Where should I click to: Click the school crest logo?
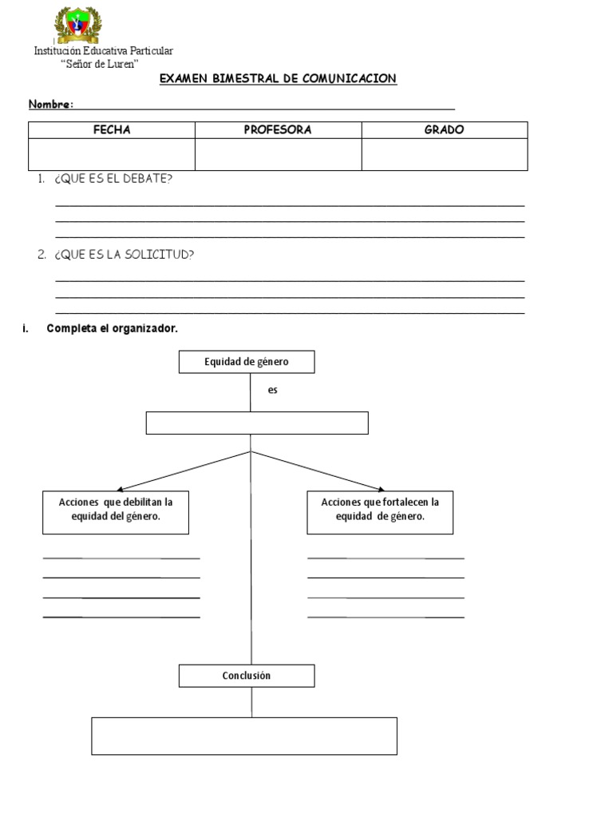pyautogui.click(x=77, y=25)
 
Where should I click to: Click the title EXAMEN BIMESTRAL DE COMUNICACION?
pyautogui.click(x=278, y=78)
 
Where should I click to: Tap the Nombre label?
pyautogui.click(x=51, y=105)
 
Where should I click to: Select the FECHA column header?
pyautogui.click(x=112, y=130)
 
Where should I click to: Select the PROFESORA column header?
pyautogui.click(x=278, y=130)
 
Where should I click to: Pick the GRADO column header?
pyautogui.click(x=444, y=130)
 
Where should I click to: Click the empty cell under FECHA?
pyautogui.click(x=112, y=154)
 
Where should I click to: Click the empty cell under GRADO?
pyautogui.click(x=444, y=154)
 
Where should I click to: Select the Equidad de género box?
pyautogui.click(x=247, y=362)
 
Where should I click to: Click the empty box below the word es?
pyautogui.click(x=257, y=423)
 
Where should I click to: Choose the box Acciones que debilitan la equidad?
pyautogui.click(x=116, y=512)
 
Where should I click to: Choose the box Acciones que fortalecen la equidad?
pyautogui.click(x=380, y=512)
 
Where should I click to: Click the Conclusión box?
pyautogui.click(x=247, y=676)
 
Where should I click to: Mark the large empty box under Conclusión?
pyautogui.click(x=244, y=736)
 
